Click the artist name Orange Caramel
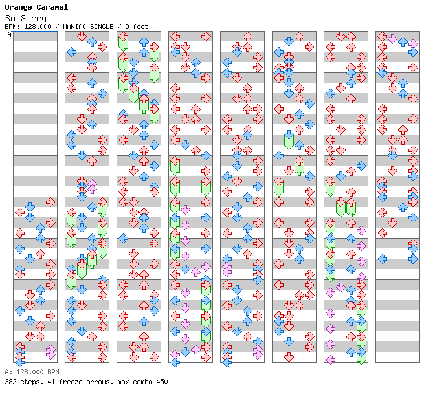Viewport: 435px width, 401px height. [36, 8]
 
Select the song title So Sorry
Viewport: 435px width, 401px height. [25, 18]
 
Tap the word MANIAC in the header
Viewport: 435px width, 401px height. [71, 27]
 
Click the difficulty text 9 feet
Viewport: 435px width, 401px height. [136, 27]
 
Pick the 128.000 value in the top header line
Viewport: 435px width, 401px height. [37, 27]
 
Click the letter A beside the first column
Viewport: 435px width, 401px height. [9, 34]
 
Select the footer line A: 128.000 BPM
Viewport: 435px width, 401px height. [32, 373]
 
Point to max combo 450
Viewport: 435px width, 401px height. [143, 382]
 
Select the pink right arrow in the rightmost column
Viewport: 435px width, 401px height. [413, 44]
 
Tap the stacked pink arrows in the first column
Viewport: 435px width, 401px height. [50, 352]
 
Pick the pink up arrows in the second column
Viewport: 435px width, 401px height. [92, 186]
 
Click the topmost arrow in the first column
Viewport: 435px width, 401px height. [50, 202]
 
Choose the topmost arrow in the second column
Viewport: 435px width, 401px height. [82, 36]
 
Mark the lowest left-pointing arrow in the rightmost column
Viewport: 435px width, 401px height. [382, 259]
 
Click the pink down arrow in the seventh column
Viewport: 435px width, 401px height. [340, 287]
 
